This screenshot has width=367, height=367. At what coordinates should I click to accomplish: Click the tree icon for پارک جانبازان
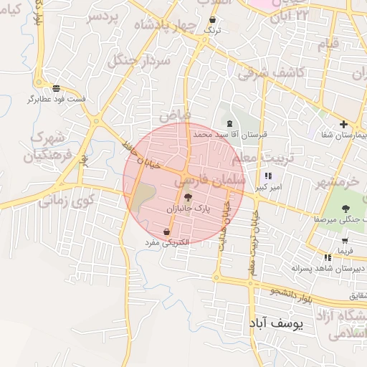click(x=188, y=197)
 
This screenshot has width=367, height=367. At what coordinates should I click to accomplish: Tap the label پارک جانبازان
click(x=188, y=207)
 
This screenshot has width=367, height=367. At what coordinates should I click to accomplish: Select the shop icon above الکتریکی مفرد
click(x=167, y=232)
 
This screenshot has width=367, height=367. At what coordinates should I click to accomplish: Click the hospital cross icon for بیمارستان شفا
click(x=343, y=124)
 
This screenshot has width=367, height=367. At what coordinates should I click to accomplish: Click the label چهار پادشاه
click(x=169, y=26)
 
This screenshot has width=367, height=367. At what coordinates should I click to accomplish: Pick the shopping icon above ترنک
click(x=213, y=20)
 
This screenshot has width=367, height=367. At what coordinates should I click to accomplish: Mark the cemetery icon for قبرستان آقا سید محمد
click(x=229, y=124)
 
